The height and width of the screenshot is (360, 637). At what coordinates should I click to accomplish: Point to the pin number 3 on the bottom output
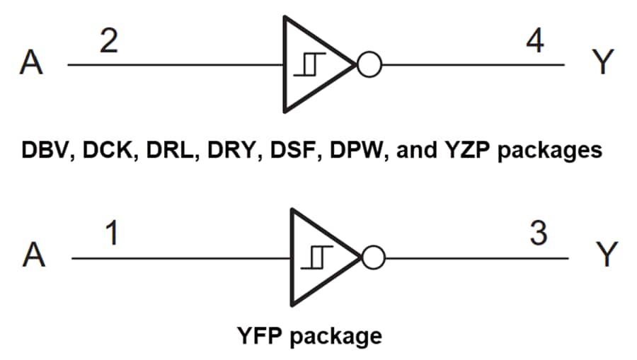[538, 234]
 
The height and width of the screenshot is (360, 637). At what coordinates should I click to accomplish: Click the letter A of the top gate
[32, 65]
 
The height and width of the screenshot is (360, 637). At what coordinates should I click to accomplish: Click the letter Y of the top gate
[600, 64]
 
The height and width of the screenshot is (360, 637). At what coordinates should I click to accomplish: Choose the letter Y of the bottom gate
[605, 257]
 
